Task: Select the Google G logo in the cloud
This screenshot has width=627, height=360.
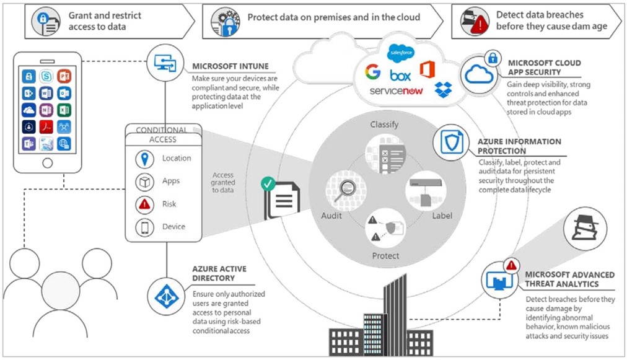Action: click(x=372, y=72)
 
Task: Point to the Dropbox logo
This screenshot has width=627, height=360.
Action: click(x=444, y=89)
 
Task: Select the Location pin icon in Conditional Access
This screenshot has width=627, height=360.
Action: click(x=144, y=158)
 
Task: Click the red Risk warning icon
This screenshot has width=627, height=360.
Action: click(x=144, y=204)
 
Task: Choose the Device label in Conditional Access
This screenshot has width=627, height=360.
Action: click(x=173, y=227)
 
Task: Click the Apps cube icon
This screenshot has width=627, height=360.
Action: click(x=144, y=182)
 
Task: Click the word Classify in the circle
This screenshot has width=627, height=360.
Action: click(x=384, y=125)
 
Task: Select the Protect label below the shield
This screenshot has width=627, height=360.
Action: click(x=385, y=255)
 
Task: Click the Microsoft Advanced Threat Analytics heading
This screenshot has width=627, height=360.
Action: click(x=569, y=279)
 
